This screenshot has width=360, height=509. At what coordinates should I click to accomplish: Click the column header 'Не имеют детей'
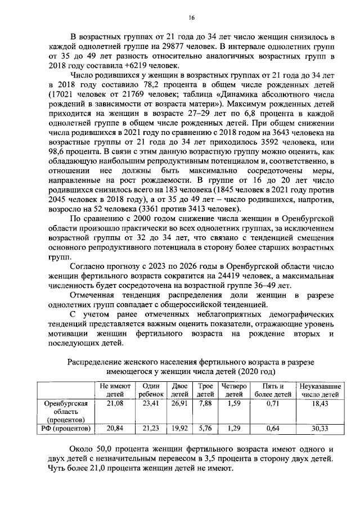pyautogui.click(x=115, y=390)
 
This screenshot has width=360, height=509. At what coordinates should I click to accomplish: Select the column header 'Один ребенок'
pyautogui.click(x=151, y=390)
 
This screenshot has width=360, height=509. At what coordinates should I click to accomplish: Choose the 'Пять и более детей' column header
pyautogui.click(x=273, y=390)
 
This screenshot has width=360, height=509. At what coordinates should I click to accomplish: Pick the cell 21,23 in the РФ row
pyautogui.click(x=151, y=429)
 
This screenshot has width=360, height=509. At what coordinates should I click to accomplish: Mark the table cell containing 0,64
pyautogui.click(x=273, y=429)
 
